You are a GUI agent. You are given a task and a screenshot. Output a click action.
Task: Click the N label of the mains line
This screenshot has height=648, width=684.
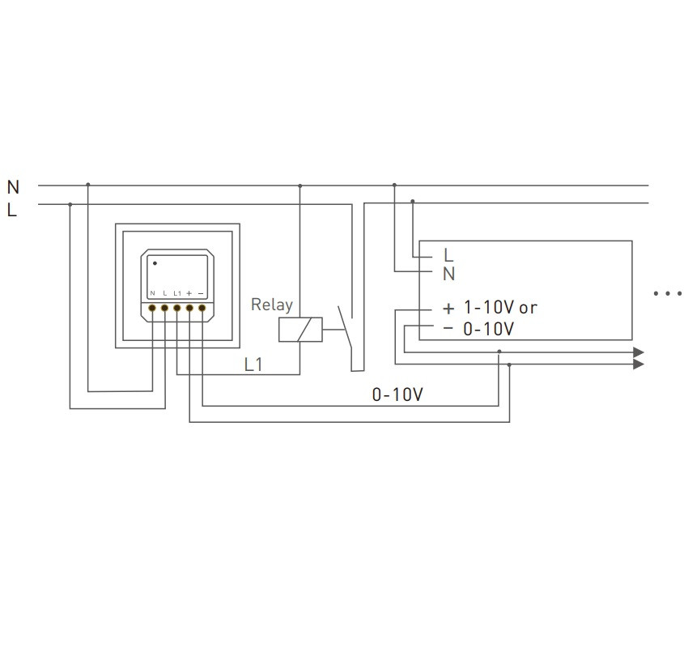tap(13, 187)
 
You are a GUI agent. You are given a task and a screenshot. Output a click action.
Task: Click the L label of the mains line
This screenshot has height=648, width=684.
tap(12, 210)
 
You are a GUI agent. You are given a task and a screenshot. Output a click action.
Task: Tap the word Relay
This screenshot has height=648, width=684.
tap(271, 305)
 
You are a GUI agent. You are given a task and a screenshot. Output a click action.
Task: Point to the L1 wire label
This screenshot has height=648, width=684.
tap(253, 364)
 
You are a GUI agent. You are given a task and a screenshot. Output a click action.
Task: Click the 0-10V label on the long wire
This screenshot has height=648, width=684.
tap(397, 394)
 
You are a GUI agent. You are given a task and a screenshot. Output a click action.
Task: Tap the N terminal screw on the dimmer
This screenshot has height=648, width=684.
tap(152, 308)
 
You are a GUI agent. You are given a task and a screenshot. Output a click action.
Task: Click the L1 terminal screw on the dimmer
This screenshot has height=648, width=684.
tap(177, 308)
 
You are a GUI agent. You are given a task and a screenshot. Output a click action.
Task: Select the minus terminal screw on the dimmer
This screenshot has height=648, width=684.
tap(202, 308)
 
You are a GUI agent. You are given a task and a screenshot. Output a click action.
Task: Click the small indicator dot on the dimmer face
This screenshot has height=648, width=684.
tap(155, 263)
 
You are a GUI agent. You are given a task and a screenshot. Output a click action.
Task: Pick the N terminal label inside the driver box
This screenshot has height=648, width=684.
tap(449, 274)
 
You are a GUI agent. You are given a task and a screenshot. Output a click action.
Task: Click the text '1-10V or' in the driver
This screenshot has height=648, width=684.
tap(499, 308)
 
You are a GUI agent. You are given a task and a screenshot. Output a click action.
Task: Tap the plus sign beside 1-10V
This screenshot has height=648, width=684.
tap(448, 309)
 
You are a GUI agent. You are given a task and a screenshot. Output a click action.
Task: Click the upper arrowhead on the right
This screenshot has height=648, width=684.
tap(639, 352)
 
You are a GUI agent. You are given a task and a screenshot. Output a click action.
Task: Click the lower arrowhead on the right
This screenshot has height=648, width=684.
tap(639, 364)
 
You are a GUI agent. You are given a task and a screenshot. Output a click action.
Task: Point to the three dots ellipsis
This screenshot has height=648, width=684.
tap(667, 293)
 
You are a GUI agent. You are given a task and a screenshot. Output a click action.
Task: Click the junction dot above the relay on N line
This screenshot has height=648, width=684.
tap(300, 185)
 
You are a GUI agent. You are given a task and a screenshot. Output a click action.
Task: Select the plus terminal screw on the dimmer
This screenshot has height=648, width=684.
tap(189, 308)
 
